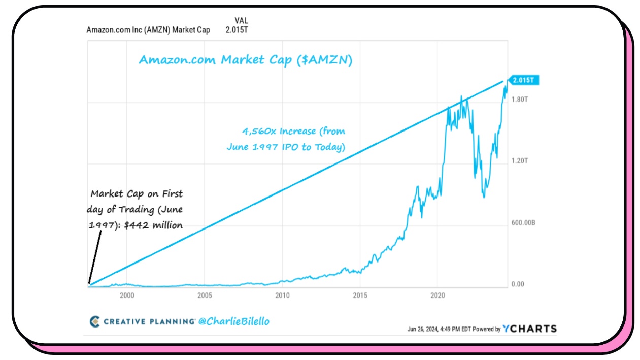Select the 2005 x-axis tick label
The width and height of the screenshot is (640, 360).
tap(205, 295)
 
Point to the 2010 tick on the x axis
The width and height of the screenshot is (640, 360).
tap(282, 295)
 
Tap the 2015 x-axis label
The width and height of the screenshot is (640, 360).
tap(360, 295)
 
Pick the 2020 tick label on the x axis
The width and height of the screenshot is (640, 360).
tap(437, 295)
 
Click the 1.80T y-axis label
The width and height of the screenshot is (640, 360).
tap(520, 100)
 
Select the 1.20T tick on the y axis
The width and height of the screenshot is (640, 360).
tap(520, 161)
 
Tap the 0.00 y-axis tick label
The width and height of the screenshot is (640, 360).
tap(517, 284)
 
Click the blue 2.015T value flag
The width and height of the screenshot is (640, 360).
tap(524, 80)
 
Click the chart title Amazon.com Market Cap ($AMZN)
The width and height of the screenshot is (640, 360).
tap(246, 60)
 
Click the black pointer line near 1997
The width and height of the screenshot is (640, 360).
tap(95, 257)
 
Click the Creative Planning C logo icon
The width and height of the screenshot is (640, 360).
tap(94, 321)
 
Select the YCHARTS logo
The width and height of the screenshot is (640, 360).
tap(529, 329)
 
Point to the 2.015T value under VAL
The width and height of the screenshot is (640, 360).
tap(238, 30)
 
